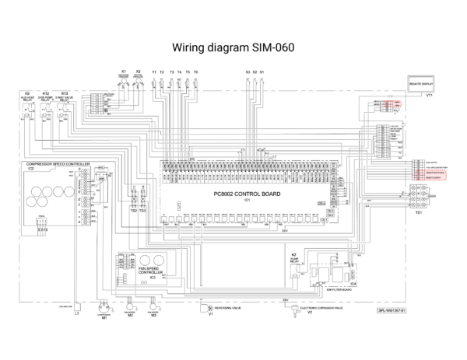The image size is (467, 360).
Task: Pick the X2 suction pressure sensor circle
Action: click(x=138, y=80)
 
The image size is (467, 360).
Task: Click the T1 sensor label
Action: click(x=154, y=72)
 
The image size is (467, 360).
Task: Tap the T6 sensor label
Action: click(x=196, y=72)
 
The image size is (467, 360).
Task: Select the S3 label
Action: click(x=248, y=72)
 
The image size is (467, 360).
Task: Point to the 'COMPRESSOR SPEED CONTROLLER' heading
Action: click(x=58, y=165)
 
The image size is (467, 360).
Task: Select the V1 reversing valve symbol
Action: click(x=210, y=308)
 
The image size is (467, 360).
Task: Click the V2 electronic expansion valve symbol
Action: click(x=309, y=308)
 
